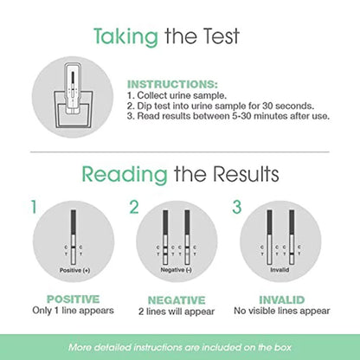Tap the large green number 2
(133, 208)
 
